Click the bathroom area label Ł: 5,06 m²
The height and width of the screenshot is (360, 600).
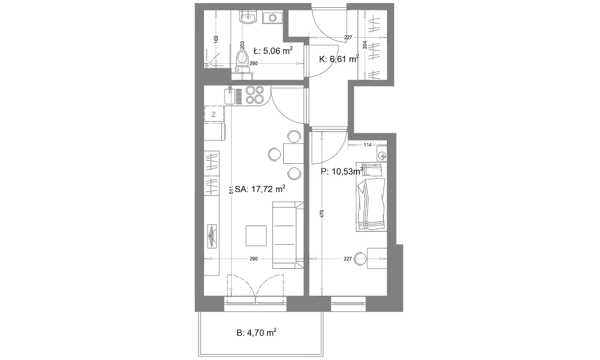pyautogui.click(x=273, y=50)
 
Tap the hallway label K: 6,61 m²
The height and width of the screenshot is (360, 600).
pyautogui.click(x=339, y=59)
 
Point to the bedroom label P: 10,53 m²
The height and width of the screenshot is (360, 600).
pyautogui.click(x=342, y=172)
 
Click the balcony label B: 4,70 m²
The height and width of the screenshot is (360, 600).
pyautogui.click(x=256, y=332)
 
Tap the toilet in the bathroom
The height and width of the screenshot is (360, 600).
pyautogui.click(x=242, y=61)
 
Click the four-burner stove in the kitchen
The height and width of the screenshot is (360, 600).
pyautogui.click(x=255, y=95)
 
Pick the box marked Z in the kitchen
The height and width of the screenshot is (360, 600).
pyautogui.click(x=214, y=115)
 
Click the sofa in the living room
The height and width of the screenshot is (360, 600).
pyautogui.click(x=287, y=236)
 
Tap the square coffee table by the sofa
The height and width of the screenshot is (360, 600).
pyautogui.click(x=256, y=236)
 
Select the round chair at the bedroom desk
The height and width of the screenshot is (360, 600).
pyautogui.click(x=360, y=259)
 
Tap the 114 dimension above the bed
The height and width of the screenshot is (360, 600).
pyautogui.click(x=368, y=145)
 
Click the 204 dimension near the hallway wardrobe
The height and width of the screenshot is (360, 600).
pyautogui.click(x=364, y=45)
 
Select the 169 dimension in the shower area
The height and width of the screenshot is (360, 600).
pyautogui.click(x=216, y=39)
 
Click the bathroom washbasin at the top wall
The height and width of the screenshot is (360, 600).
pyautogui.click(x=247, y=17)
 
